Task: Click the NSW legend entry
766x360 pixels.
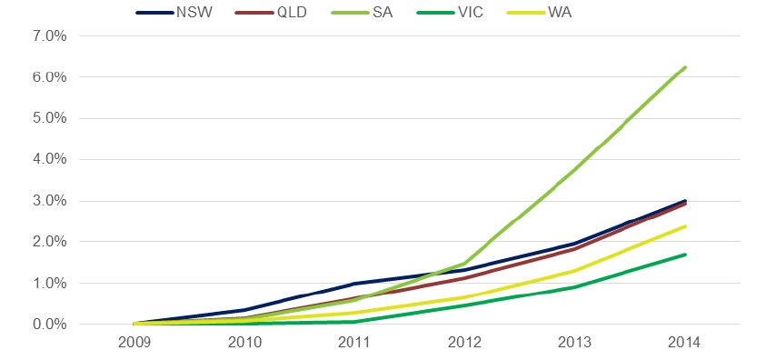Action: tap(174, 12)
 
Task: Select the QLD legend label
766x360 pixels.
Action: tap(271, 12)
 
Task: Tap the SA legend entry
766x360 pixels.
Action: tap(362, 12)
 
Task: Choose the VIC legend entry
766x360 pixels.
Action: tap(450, 12)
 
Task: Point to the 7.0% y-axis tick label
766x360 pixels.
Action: tap(50, 36)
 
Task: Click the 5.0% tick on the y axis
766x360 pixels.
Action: tap(50, 118)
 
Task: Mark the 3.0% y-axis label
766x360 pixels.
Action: tap(50, 201)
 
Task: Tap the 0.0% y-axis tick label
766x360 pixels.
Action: tap(50, 324)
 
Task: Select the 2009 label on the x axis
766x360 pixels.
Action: tap(134, 343)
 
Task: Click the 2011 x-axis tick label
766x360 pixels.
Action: tap(354, 343)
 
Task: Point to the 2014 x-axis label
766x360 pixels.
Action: tap(684, 343)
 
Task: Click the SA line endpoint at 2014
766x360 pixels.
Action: tap(685, 67)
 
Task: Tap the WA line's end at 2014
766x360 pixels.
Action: tap(685, 226)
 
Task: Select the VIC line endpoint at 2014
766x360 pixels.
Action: tap(685, 255)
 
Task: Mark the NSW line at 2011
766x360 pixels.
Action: tap(354, 284)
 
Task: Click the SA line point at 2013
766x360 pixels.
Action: tap(574, 168)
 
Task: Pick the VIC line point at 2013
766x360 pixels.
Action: tap(574, 286)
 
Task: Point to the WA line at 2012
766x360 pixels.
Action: tap(464, 297)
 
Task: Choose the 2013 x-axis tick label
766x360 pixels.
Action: tap(574, 343)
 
